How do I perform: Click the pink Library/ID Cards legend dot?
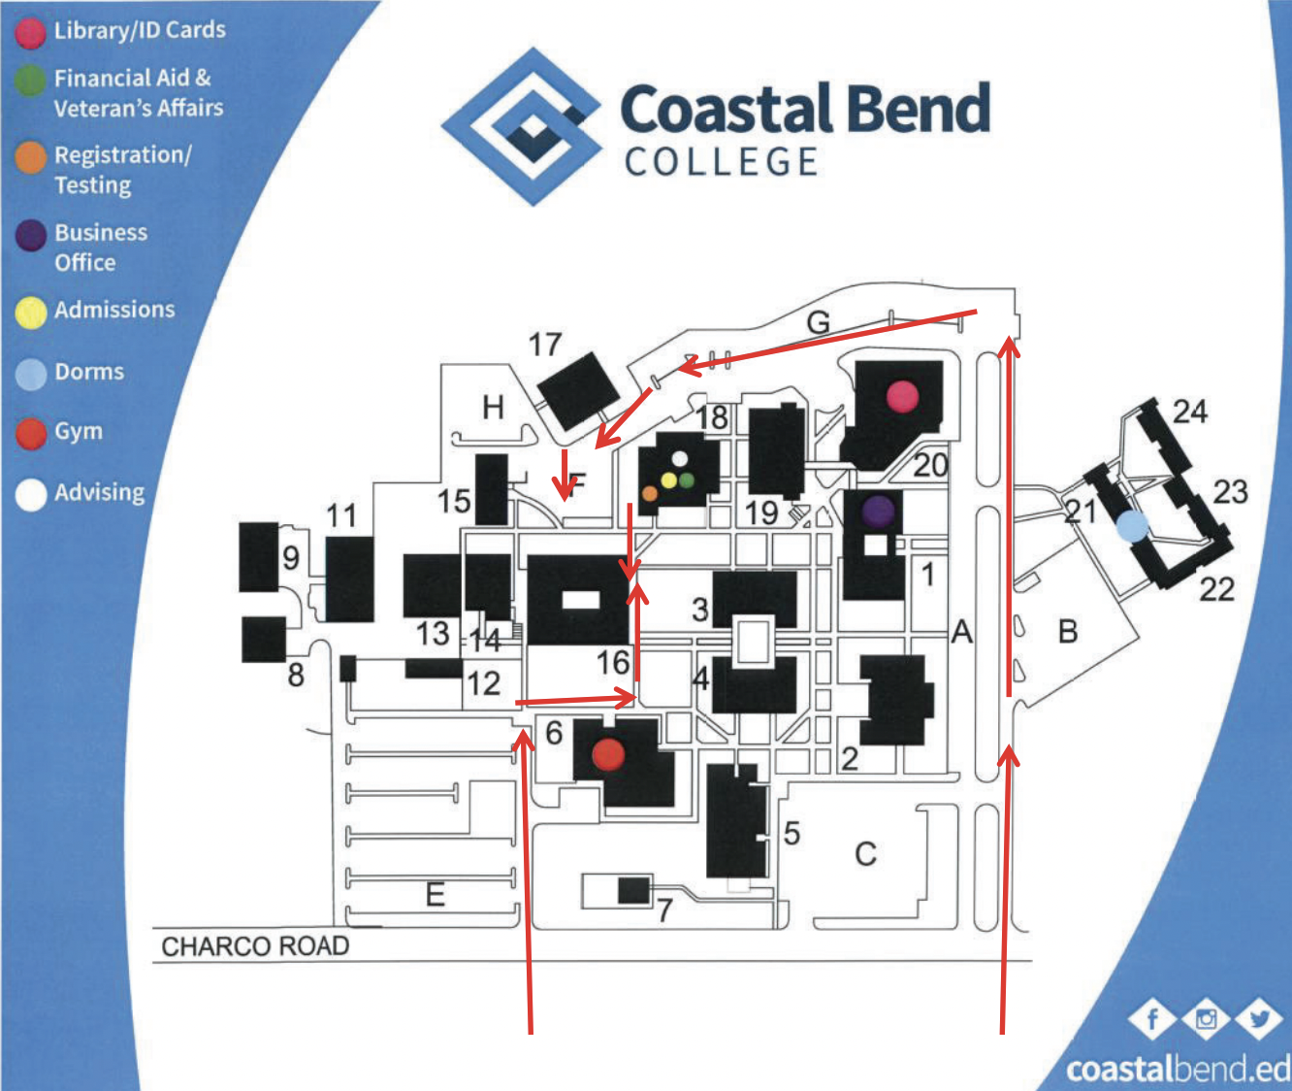[x=30, y=32]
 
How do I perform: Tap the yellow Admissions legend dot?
[x=31, y=312]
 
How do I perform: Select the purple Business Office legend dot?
[x=31, y=236]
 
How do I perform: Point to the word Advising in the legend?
[x=99, y=492]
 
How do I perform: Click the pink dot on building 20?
[x=902, y=395]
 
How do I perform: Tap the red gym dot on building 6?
[x=608, y=753]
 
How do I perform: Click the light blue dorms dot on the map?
[x=1132, y=526]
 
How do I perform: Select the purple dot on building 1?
[x=878, y=511]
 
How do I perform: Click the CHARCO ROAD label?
[x=255, y=946]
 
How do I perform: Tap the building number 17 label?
[x=545, y=345]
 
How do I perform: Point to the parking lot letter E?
[x=436, y=893]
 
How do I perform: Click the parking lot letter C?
[x=865, y=854]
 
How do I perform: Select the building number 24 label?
[x=1190, y=412]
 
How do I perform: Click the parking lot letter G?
[x=819, y=322]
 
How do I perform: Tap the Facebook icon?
[x=1153, y=1019]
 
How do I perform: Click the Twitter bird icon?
[x=1259, y=1019]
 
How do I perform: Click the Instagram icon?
[x=1207, y=1019]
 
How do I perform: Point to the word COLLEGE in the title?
[x=722, y=162]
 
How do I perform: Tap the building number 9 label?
[x=291, y=557]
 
